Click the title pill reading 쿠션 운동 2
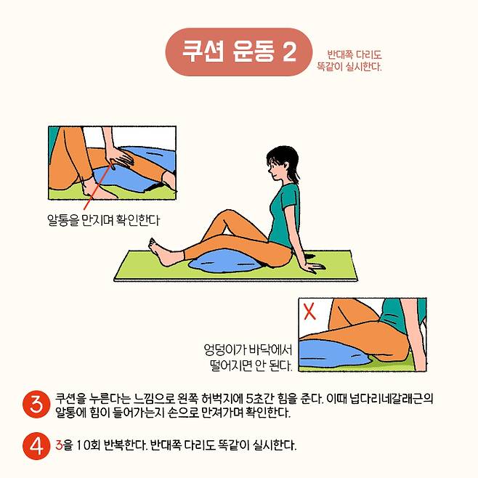pos(239,52)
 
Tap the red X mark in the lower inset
pos(309,311)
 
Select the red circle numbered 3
pos(36,404)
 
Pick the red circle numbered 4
pos(36,446)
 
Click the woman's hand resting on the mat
pos(314,267)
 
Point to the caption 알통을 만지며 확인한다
pos(103,220)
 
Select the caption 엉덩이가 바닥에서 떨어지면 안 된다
pos(248,357)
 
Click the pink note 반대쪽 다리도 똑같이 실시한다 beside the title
pos(349,60)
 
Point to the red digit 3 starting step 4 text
pos(59,445)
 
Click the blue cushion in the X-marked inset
pos(335,355)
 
